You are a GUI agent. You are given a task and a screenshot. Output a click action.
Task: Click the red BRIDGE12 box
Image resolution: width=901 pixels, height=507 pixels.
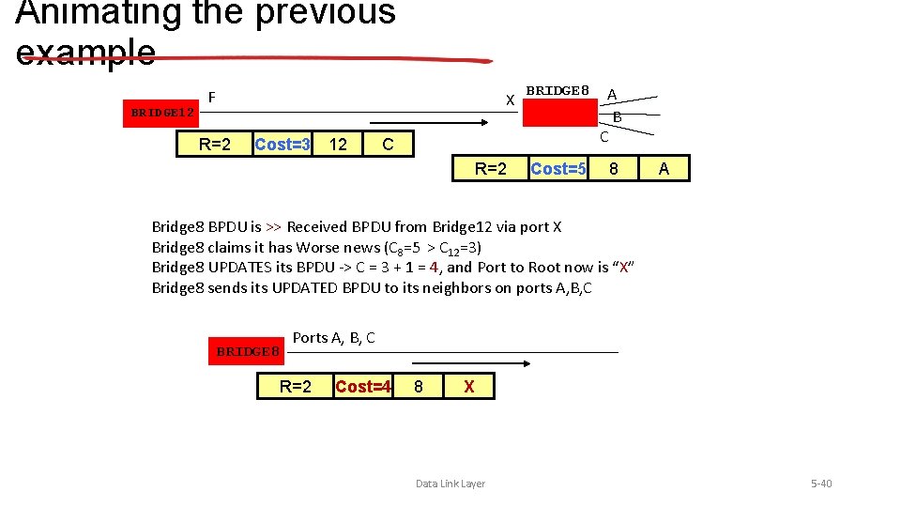[162, 113]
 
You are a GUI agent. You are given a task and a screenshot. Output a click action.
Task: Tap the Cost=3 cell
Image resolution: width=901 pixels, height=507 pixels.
[283, 144]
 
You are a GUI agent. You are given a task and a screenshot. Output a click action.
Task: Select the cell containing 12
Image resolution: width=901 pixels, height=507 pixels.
[339, 144]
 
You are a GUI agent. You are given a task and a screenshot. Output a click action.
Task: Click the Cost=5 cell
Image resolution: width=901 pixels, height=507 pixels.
[557, 169]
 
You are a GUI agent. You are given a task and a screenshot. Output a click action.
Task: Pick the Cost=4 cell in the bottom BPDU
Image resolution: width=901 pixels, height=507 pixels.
[362, 386]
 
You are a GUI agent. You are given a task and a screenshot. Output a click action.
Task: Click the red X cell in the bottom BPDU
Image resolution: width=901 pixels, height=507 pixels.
[469, 386]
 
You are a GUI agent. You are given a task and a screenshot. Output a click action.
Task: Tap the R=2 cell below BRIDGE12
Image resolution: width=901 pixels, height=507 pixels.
[215, 144]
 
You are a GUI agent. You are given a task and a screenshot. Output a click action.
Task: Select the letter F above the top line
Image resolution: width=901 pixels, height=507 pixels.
[212, 97]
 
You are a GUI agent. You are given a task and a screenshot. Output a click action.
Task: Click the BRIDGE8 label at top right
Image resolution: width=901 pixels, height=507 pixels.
[557, 91]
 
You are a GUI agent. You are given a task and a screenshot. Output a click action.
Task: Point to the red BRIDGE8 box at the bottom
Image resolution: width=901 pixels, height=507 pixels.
[248, 351]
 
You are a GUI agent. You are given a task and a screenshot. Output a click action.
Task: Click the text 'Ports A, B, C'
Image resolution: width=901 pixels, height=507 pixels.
[333, 338]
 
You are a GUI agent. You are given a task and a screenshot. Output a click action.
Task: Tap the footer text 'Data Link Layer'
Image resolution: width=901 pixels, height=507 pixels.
[450, 484]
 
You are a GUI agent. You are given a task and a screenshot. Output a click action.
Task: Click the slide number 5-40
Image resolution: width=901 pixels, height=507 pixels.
[821, 484]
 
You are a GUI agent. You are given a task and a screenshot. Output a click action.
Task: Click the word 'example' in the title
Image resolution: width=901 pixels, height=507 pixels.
[85, 51]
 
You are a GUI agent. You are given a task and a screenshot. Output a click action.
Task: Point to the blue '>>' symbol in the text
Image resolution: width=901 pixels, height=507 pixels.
[273, 226]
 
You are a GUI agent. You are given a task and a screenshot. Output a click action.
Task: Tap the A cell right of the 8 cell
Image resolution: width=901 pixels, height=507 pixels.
[664, 169]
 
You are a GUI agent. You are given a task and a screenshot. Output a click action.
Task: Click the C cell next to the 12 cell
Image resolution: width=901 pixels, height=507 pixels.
[387, 144]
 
